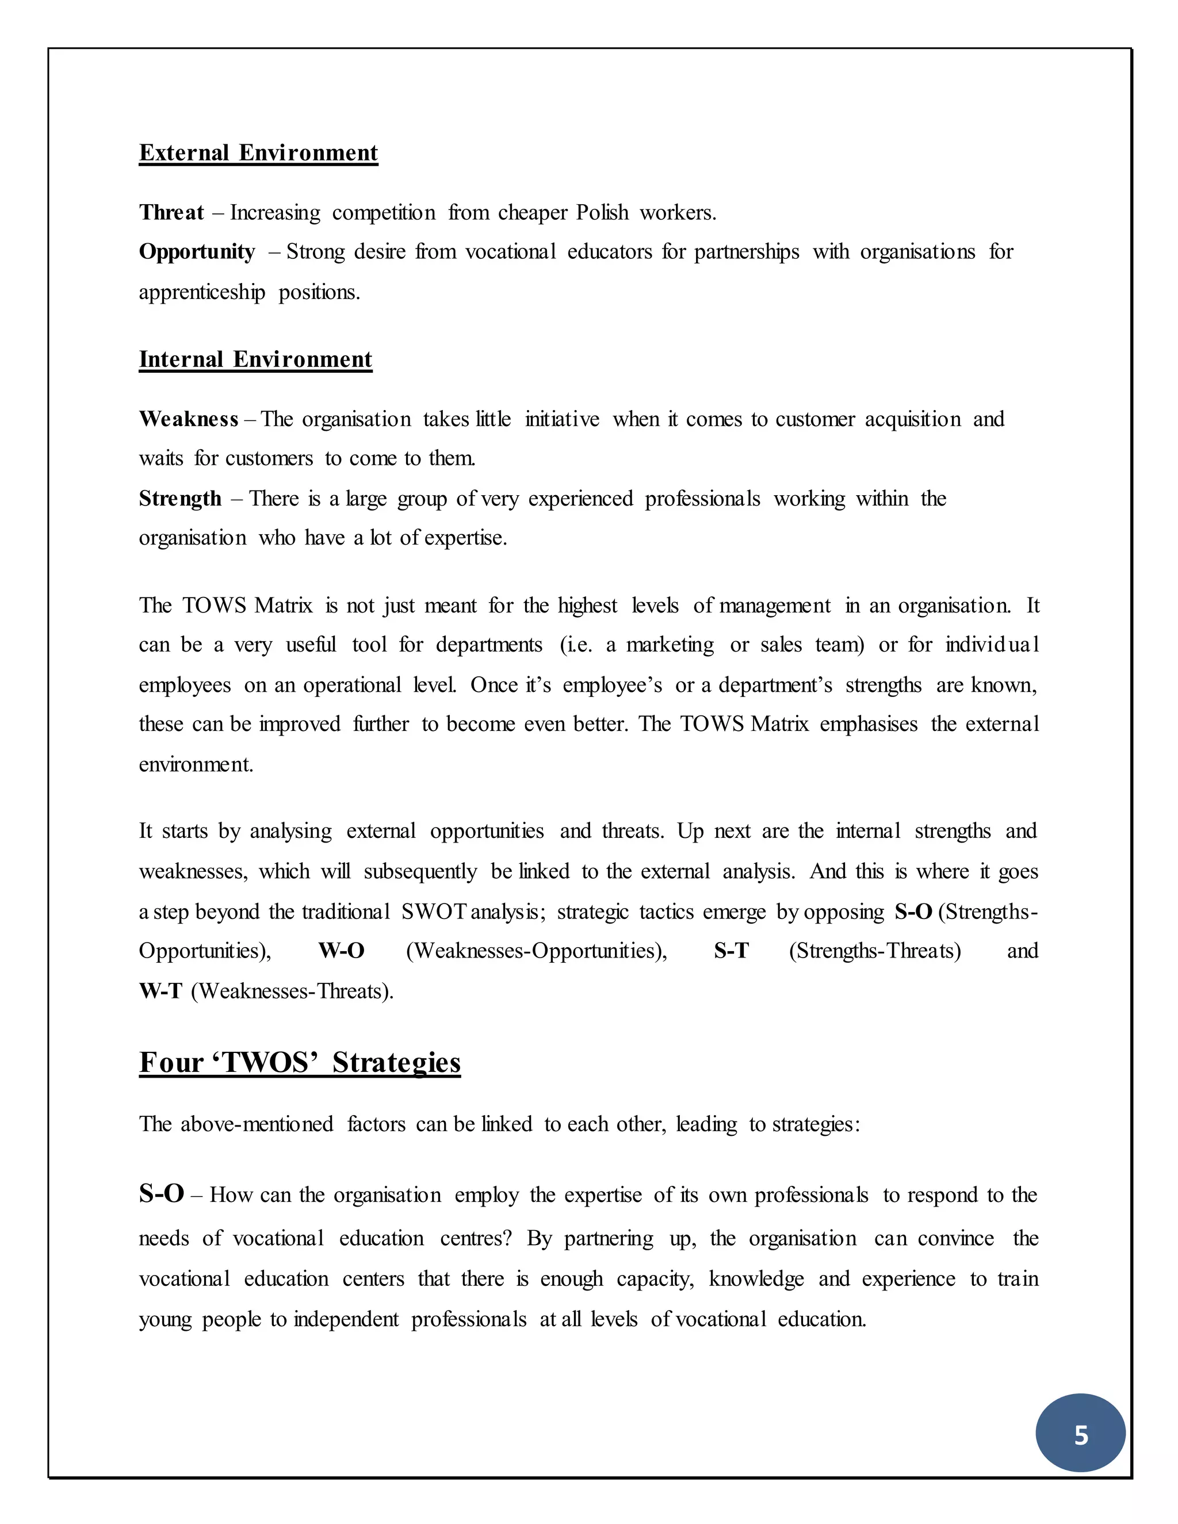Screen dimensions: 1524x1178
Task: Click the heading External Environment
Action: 258,153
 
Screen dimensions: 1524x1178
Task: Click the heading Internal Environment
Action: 255,359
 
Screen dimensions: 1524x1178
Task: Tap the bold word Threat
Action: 171,212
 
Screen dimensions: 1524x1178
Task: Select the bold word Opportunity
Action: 197,251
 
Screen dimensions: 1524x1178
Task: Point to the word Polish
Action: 602,212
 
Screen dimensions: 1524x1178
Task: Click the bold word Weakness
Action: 189,419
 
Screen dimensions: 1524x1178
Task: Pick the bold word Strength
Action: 180,498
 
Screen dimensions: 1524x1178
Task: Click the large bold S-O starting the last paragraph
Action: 161,1193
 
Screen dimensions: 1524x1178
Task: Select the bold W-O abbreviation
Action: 341,951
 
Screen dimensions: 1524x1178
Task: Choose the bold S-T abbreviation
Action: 730,951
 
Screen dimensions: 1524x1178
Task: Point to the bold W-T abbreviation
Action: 160,991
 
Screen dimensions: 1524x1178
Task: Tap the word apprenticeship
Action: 202,292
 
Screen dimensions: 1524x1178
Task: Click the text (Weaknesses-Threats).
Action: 292,991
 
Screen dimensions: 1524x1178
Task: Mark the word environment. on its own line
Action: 196,765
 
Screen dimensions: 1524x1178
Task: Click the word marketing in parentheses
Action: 670,645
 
